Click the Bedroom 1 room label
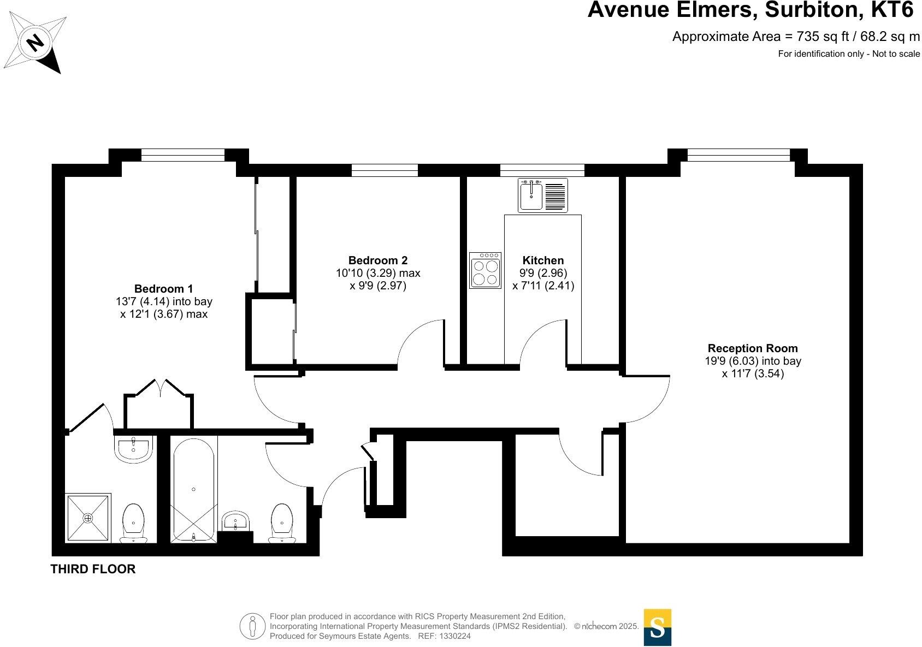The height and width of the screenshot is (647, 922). tap(163, 288)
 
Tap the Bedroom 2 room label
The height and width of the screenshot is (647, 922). tap(377, 260)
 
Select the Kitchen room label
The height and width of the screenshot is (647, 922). tap(543, 260)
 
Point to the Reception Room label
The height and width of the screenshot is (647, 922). tap(752, 348)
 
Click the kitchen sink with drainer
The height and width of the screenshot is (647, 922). tap(543, 195)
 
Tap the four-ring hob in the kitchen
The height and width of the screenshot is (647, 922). tap(485, 270)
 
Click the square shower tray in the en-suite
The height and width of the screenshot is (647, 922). tap(88, 518)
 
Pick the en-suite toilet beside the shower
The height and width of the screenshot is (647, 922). tap(133, 523)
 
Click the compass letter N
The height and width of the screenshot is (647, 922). tap(36, 42)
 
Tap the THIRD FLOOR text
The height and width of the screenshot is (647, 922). tap(93, 569)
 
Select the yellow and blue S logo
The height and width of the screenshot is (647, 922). tap(657, 627)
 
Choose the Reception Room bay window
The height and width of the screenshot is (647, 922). tap(738, 156)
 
